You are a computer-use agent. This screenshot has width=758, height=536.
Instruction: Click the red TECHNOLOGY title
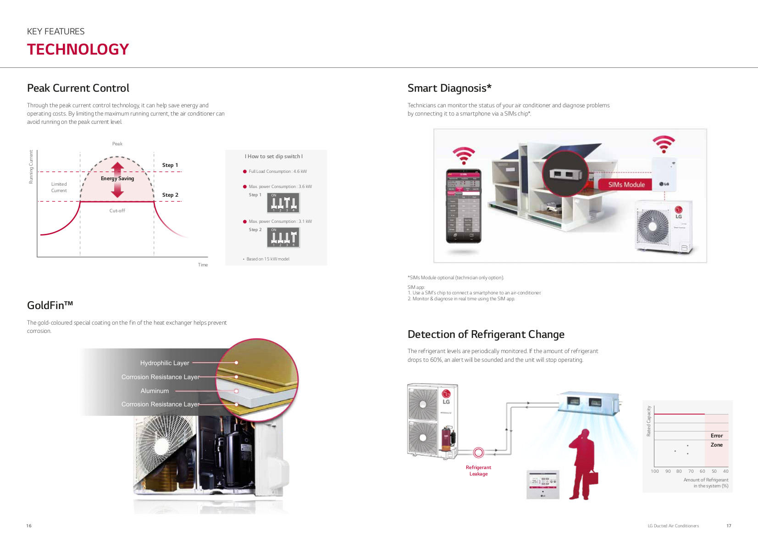(78, 50)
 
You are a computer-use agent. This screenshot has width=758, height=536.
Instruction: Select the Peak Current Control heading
(78, 88)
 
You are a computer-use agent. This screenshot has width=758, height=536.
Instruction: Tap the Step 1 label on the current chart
(170, 165)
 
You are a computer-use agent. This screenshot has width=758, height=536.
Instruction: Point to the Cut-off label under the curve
(117, 211)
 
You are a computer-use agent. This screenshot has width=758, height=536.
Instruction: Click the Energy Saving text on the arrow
(117, 178)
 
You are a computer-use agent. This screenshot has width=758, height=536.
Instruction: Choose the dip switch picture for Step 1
(283, 203)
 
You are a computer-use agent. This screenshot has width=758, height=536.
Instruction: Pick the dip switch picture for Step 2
(283, 238)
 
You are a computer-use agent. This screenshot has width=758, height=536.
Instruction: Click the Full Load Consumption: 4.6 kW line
(277, 171)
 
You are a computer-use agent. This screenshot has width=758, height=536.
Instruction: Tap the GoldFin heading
(50, 305)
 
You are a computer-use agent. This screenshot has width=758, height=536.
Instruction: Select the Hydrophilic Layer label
(165, 363)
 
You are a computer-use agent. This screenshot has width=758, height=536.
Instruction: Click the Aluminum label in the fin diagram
(155, 391)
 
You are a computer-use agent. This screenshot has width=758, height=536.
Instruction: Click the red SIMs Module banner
(626, 185)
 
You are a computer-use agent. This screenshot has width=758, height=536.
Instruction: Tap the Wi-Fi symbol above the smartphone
(464, 155)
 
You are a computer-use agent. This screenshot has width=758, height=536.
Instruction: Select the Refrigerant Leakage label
(478, 471)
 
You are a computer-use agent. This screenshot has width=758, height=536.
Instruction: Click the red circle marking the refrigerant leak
(478, 453)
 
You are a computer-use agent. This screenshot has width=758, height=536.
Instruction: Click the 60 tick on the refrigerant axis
(702, 471)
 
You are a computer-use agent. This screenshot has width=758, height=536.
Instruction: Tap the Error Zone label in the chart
(716, 440)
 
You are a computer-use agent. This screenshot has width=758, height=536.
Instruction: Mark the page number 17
(729, 526)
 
